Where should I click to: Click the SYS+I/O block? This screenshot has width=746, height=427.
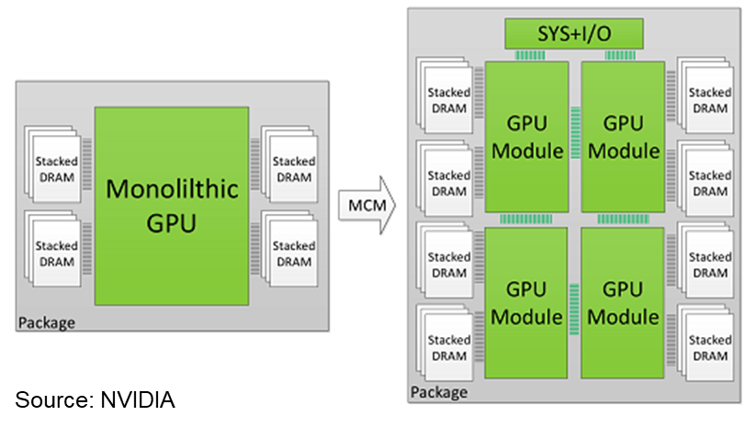574,34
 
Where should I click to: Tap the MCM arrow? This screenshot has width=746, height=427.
367,206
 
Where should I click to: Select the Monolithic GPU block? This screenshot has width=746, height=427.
172,206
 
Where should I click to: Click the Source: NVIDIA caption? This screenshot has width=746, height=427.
95,399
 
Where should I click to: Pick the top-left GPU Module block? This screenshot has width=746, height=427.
526,137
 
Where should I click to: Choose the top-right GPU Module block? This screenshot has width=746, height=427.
623,137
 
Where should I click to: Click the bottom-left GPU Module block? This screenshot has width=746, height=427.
526,303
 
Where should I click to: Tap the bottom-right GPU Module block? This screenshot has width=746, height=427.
622,303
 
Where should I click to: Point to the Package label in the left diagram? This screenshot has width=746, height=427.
47,323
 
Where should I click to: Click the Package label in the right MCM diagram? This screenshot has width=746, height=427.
438,392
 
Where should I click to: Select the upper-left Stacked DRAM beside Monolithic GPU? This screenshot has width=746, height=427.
52,164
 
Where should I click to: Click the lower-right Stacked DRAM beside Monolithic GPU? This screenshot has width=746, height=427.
289,249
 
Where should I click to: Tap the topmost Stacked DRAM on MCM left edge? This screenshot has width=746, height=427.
445,96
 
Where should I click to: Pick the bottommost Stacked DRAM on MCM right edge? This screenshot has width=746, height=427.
705,343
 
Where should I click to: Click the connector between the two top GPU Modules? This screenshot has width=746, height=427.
575,132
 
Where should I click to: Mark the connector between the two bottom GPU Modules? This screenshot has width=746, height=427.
574,309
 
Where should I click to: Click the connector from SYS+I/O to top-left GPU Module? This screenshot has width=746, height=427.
530,55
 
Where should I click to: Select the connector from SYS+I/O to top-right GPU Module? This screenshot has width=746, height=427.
620,55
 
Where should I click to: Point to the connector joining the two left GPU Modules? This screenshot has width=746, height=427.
526,219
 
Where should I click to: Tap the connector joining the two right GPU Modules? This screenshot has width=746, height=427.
623,219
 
